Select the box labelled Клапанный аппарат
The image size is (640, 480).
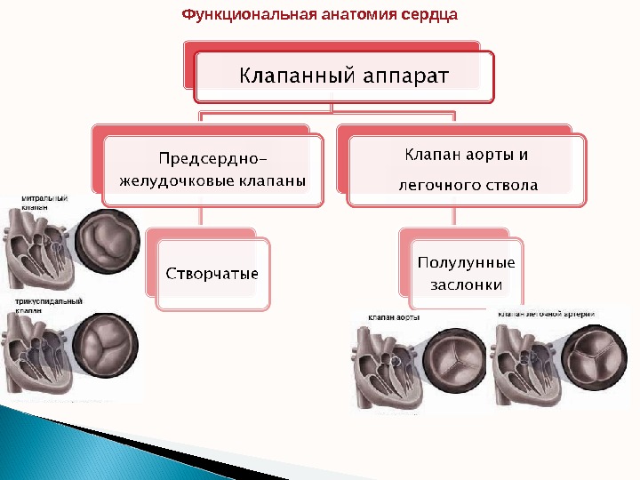tap(343, 76)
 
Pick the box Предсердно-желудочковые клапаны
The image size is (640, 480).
tap(212, 170)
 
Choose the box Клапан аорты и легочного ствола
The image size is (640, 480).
tap(467, 170)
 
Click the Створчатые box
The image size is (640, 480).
tap(212, 272)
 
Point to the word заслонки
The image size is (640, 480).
tap(466, 285)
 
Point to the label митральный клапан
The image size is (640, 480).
tap(44, 202)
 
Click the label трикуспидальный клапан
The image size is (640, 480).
tap(44, 306)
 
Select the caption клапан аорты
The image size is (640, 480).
tap(396, 316)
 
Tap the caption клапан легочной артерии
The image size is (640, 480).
tap(546, 315)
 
